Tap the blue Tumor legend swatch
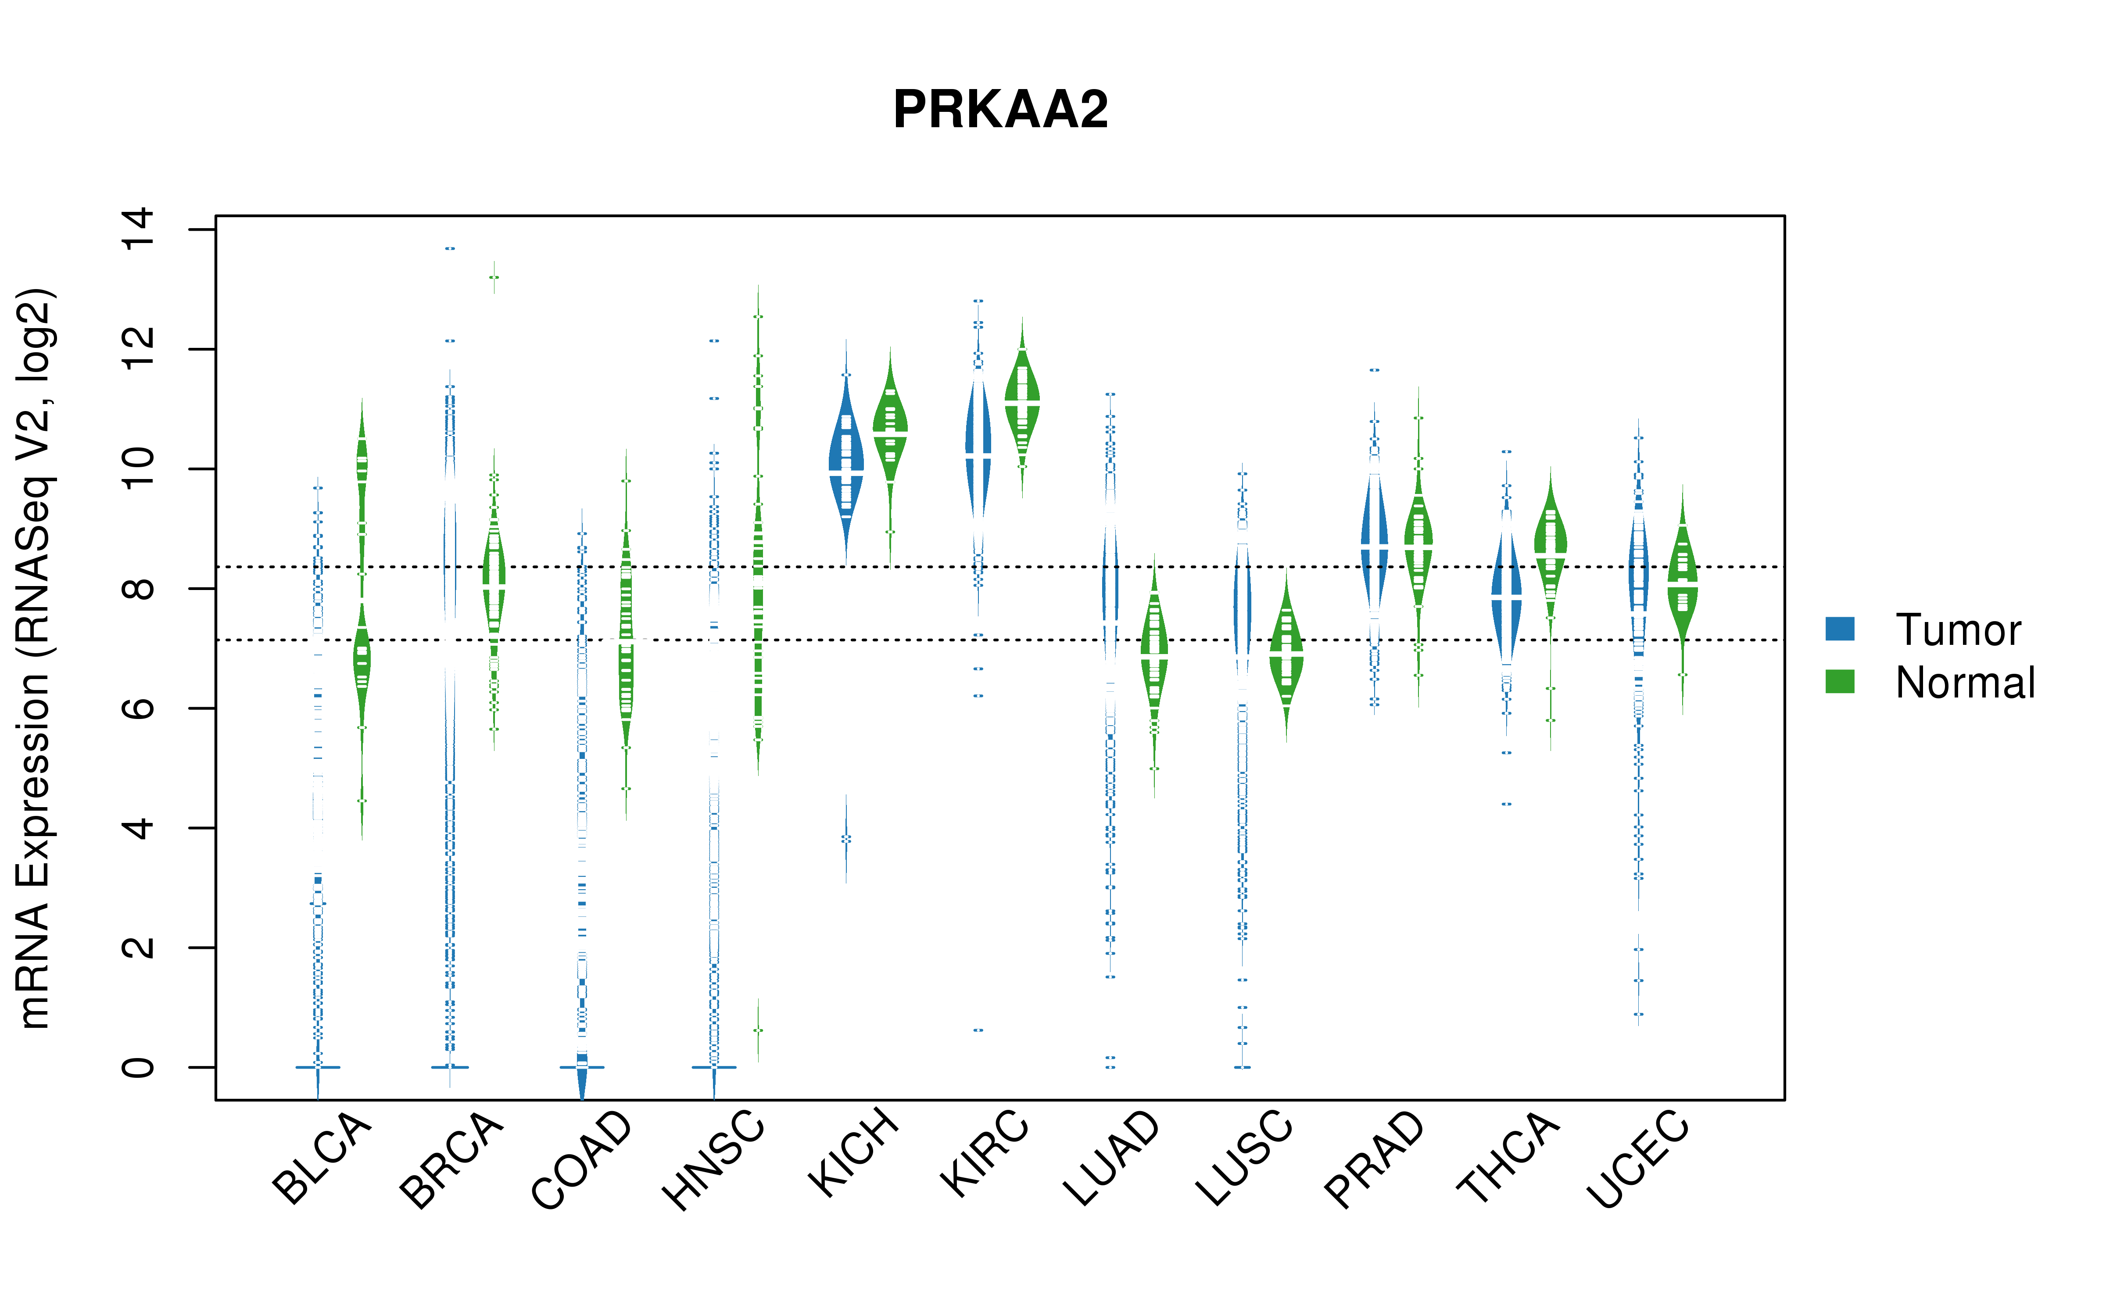[1840, 629]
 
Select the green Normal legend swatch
[1840, 682]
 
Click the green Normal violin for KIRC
[1023, 401]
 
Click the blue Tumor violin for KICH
[846, 461]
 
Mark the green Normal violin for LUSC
[1286, 653]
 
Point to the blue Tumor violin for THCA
[1506, 601]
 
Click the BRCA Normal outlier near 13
[494, 278]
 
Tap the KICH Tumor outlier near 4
[846, 839]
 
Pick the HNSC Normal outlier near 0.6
[758, 1030]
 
